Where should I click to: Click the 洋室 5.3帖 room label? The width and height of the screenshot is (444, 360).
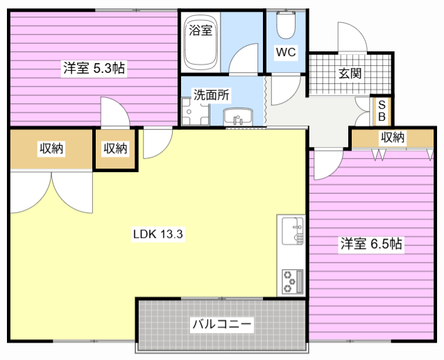pos(94,68)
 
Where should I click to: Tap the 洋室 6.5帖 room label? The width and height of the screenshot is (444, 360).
pos(371,243)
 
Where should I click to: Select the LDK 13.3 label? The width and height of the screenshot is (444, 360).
pos(157,234)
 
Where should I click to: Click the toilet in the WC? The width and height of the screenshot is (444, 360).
pos(286,25)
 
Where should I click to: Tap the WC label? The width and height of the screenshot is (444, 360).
pos(286,52)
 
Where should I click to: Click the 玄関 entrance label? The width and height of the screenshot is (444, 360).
pos(350,74)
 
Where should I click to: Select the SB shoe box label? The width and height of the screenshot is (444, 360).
pos(382,111)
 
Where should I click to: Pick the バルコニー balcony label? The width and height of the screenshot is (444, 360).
pos(222,324)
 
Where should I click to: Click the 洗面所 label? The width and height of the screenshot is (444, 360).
pos(212,95)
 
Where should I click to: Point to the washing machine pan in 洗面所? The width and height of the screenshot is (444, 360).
pos(196,112)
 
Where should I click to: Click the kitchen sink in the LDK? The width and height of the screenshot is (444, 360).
pos(293,231)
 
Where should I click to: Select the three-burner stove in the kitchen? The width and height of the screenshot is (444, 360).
pos(292,282)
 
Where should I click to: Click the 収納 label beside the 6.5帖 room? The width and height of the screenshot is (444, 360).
pos(393,137)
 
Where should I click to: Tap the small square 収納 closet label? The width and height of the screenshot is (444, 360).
pos(115,148)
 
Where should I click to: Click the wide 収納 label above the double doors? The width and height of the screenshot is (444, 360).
pos(51,148)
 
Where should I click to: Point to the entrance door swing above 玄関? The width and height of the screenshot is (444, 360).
pos(352,37)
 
